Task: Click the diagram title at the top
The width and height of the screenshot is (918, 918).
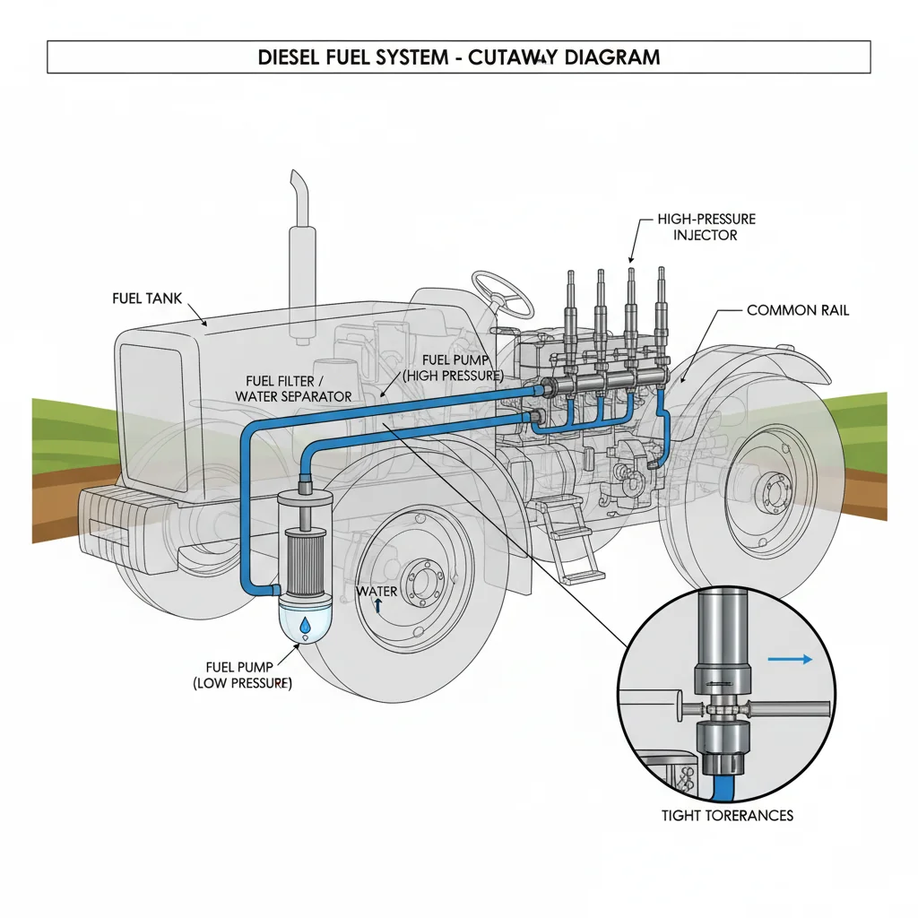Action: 458,57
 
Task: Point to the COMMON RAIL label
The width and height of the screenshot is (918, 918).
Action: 797,310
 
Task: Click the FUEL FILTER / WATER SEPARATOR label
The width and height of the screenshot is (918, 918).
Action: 294,389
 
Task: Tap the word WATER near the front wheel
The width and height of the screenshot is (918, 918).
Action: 377,592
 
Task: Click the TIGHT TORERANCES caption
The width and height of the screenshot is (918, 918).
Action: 727,815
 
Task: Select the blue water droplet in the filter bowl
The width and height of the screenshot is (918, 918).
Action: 306,625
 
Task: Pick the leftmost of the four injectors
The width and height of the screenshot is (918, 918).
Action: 570,309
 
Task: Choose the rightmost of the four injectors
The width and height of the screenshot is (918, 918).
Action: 662,305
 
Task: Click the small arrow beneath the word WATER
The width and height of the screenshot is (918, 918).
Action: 377,607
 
